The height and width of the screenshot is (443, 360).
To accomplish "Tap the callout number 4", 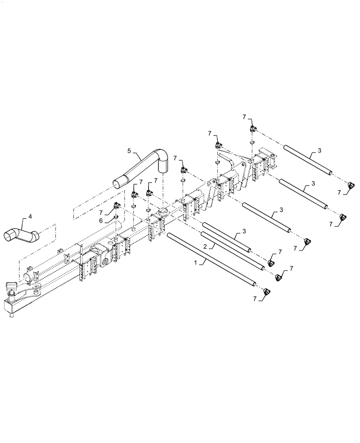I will click(30, 216).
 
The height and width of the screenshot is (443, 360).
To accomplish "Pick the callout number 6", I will click(101, 220).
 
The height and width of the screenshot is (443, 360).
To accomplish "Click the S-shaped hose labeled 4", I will click(22, 234).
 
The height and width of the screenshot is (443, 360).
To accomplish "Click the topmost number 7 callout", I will click(244, 117).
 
